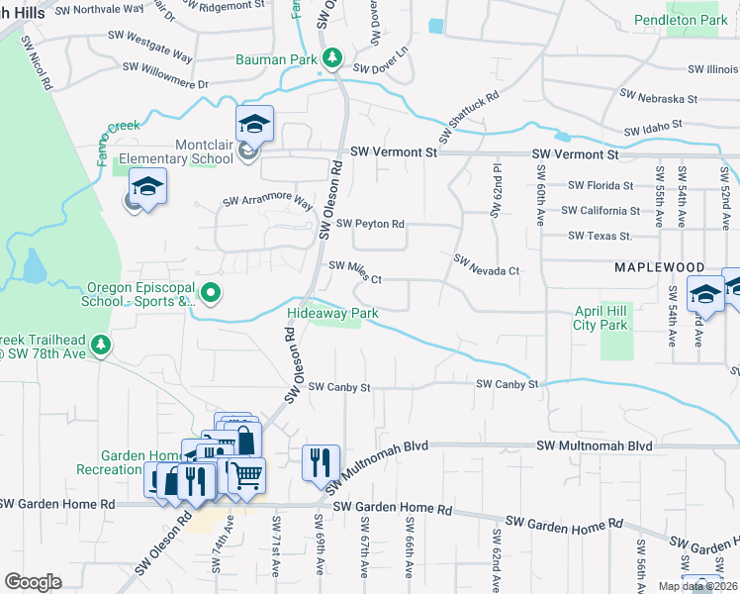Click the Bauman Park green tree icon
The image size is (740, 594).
click(333, 59)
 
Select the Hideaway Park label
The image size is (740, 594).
click(332, 313)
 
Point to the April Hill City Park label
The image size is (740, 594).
click(601, 317)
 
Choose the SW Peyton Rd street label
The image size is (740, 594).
click(371, 224)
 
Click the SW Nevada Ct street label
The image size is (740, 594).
click(486, 264)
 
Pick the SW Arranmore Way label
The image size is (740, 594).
click(267, 202)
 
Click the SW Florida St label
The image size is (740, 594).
click(601, 185)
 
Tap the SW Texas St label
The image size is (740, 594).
click(600, 236)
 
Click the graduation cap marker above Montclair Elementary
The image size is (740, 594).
click(254, 124)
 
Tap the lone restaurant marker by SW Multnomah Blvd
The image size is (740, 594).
click(321, 462)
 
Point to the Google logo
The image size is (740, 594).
click(33, 582)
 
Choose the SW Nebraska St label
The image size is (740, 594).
click(658, 99)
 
